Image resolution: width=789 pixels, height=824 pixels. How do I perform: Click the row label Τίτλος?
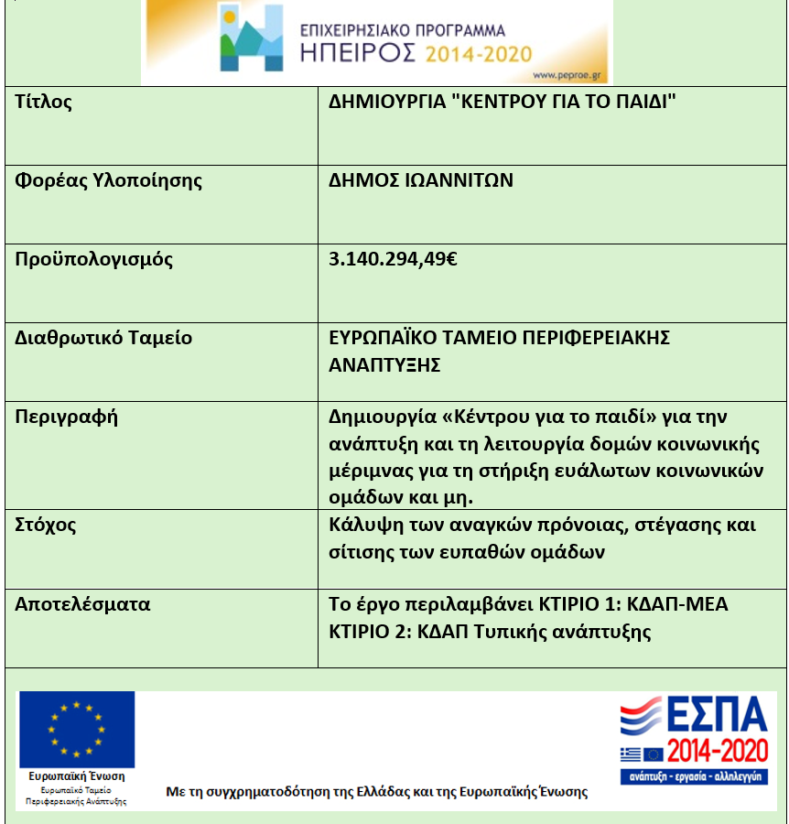44,102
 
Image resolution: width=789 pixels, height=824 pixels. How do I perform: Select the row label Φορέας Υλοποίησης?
109,180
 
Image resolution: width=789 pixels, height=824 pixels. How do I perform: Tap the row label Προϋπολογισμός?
94,259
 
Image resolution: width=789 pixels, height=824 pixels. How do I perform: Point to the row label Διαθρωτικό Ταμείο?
104,338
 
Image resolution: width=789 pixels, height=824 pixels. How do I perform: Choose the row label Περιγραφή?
67,417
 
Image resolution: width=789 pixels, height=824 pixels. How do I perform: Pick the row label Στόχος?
46,526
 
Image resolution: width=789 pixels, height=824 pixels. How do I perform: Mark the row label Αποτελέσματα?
83,604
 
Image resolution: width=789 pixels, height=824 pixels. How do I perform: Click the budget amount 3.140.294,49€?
394,259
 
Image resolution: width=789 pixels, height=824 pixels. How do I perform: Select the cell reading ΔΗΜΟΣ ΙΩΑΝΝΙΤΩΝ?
421,180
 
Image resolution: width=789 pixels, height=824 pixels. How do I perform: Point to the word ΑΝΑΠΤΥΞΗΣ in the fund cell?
385,365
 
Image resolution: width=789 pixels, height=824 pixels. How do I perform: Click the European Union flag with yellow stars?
77,729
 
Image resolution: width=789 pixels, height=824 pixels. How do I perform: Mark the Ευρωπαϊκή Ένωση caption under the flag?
77,776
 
